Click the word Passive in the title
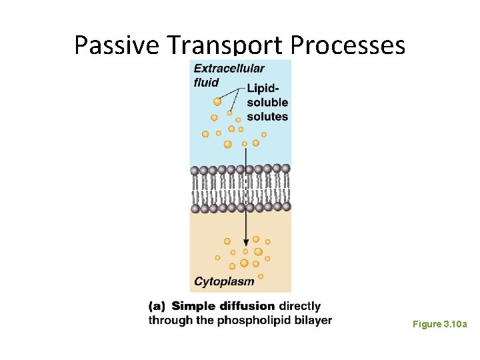[117, 45]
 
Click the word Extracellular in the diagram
[229, 68]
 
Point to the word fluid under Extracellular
[206, 83]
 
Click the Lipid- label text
[263, 88]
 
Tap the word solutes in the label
[267, 117]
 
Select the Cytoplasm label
[224, 281]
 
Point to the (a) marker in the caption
[157, 307]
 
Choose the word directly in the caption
[299, 307]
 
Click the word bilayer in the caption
[311, 321]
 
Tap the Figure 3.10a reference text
[439, 325]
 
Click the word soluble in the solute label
[267, 103]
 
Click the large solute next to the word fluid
[217, 101]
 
